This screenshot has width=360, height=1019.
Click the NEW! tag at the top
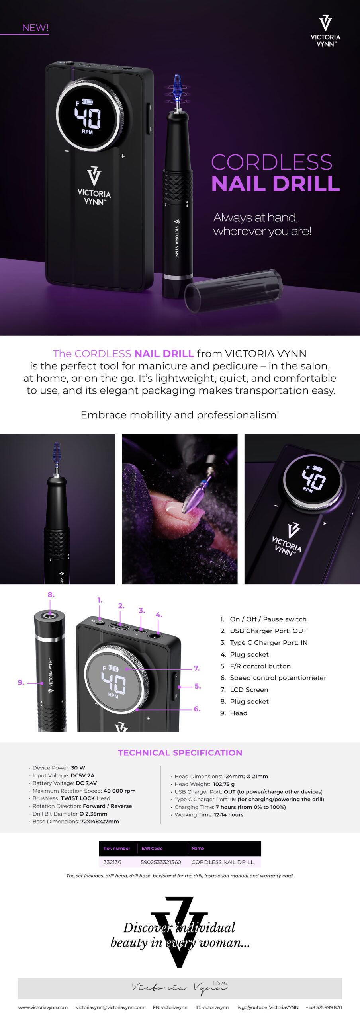35,28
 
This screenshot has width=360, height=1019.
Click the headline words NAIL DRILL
276,183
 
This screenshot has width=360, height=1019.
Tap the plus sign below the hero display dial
123,156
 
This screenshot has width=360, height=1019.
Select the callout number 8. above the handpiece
51,595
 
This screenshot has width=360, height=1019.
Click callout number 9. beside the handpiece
21,682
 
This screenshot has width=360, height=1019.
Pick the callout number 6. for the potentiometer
197,709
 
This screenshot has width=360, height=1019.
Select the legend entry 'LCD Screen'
249,689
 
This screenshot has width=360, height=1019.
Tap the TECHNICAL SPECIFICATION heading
180,753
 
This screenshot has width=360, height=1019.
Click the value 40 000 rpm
119,791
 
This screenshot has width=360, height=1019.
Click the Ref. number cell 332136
112,862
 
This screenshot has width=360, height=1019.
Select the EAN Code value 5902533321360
161,862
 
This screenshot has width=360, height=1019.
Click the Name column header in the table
198,848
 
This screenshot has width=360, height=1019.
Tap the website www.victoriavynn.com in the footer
43,1007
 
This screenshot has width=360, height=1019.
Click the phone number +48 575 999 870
324,1007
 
